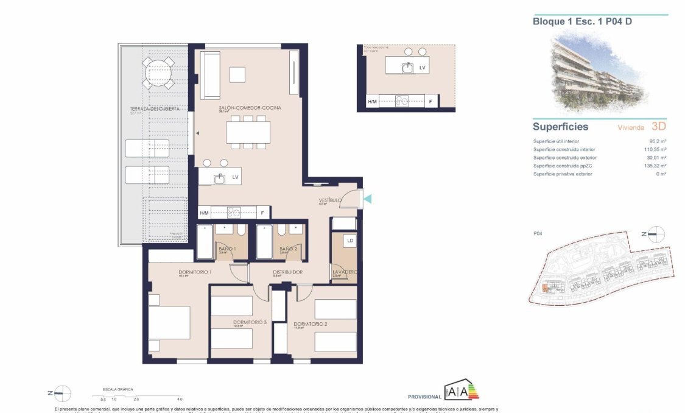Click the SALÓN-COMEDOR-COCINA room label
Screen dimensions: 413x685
pos(242,108)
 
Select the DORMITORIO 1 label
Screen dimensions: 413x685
pos(195,272)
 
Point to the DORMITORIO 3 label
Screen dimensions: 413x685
pos(250,322)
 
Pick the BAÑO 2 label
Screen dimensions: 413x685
pos(288,249)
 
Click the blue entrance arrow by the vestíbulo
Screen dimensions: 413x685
pos(367,197)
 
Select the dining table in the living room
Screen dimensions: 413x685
pos(248,132)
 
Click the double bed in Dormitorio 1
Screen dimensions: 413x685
pos(169,322)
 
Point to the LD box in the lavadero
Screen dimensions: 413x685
pos(350,241)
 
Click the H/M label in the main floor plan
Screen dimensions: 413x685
pos(205,213)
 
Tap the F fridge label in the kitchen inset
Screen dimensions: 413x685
pos(430,102)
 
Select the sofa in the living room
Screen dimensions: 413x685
pos(211,76)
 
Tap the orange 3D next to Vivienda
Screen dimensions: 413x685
pos(658,127)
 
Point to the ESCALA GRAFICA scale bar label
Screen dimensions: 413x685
pos(118,389)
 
